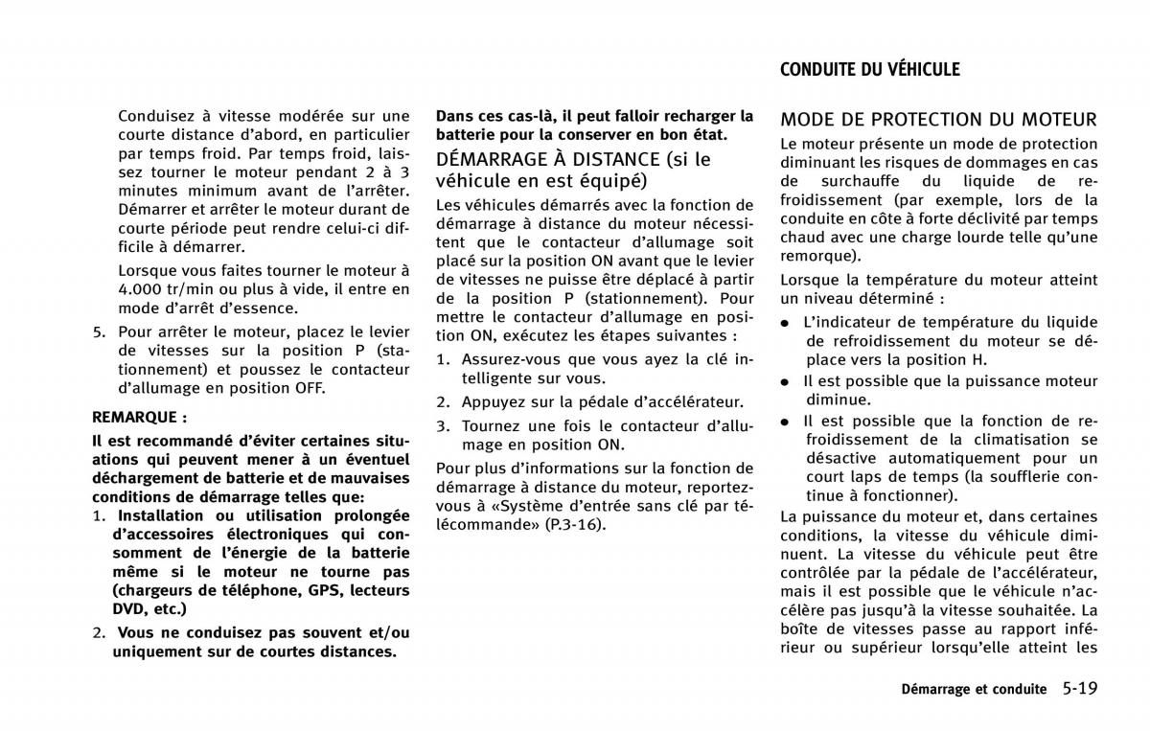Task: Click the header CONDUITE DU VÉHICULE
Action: click(869, 69)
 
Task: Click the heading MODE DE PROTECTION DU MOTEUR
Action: click(938, 120)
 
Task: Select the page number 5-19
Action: click(1079, 688)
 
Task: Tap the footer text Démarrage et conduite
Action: click(974, 690)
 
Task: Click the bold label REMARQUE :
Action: click(139, 417)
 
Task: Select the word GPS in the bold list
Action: click(324, 590)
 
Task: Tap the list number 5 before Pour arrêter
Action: click(98, 332)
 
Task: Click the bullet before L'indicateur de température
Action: click(785, 324)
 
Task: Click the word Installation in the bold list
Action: click(164, 516)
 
